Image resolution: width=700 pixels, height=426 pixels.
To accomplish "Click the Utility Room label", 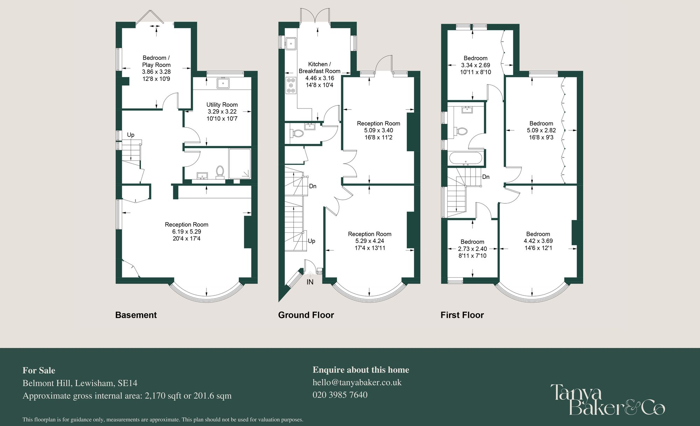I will [222, 105].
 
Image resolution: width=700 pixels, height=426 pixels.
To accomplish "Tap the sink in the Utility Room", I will [223, 83].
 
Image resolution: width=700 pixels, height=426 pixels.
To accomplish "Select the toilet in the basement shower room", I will [220, 172].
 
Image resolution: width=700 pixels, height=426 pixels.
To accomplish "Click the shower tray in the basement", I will [240, 163].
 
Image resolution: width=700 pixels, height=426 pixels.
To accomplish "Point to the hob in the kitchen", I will [290, 85].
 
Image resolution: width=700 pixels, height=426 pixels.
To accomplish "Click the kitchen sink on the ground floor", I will [290, 43].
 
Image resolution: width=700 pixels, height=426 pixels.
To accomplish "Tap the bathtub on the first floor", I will [466, 159].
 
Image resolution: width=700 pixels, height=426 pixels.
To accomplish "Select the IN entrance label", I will [310, 282].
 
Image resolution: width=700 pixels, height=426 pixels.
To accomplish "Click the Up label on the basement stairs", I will [131, 135].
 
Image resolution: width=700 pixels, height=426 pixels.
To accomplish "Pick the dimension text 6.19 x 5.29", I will [187, 232].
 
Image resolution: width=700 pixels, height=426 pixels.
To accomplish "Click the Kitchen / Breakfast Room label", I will [319, 68].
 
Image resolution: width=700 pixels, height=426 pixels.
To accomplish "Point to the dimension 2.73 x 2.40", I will [472, 249].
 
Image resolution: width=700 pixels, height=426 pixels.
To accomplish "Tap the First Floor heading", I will [462, 315].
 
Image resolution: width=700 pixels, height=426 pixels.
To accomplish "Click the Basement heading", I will [136, 315].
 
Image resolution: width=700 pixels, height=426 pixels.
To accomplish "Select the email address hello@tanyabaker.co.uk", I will [357, 382].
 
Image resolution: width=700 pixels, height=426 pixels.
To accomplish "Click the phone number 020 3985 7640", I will [340, 395].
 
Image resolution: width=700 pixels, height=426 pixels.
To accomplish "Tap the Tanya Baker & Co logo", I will [607, 400].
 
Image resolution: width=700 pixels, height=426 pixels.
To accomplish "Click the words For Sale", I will [39, 370].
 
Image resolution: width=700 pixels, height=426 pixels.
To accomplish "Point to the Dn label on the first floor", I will [486, 177].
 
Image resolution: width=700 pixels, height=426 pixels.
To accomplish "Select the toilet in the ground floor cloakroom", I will [297, 133].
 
